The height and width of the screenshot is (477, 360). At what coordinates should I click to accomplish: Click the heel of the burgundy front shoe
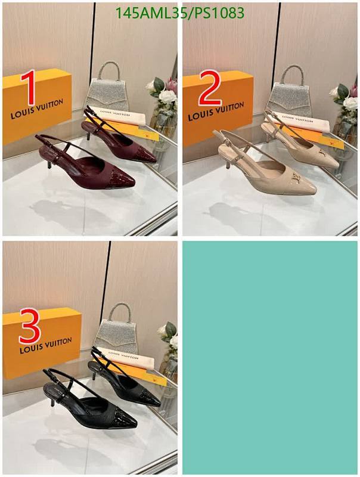pyautogui.click(x=49, y=160)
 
